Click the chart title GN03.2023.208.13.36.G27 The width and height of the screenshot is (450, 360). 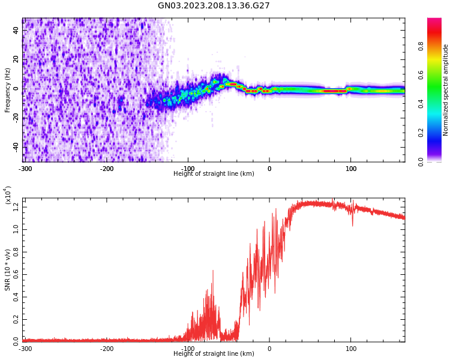[214, 5]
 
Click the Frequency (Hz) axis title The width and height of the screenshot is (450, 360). [8, 90]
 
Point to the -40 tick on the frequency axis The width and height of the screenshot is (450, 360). [15, 146]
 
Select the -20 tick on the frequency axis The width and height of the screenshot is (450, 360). [15, 117]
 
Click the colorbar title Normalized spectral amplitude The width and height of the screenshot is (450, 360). [446, 90]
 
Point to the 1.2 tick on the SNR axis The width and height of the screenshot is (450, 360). [16, 208]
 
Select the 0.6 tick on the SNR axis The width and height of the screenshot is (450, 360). [16, 274]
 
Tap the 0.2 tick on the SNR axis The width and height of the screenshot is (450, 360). [16, 319]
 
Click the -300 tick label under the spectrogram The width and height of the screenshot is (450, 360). [25, 169]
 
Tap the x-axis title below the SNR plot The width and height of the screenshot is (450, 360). [214, 354]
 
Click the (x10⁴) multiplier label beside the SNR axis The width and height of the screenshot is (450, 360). [8, 195]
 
